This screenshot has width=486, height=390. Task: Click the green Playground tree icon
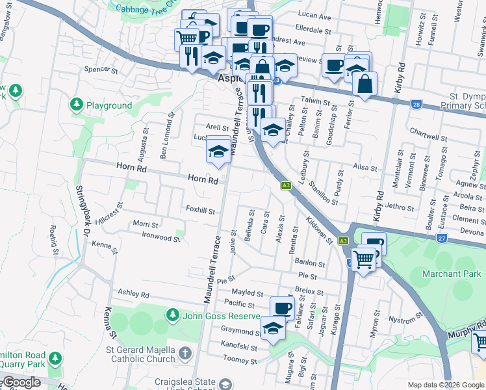(77, 105)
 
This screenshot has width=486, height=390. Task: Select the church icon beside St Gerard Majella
(185, 354)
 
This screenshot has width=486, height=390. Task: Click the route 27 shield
(441, 239)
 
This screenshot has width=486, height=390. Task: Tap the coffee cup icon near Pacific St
(282, 307)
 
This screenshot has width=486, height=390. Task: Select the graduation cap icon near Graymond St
(273, 328)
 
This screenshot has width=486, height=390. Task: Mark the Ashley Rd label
(134, 294)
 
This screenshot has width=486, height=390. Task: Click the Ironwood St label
(160, 239)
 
